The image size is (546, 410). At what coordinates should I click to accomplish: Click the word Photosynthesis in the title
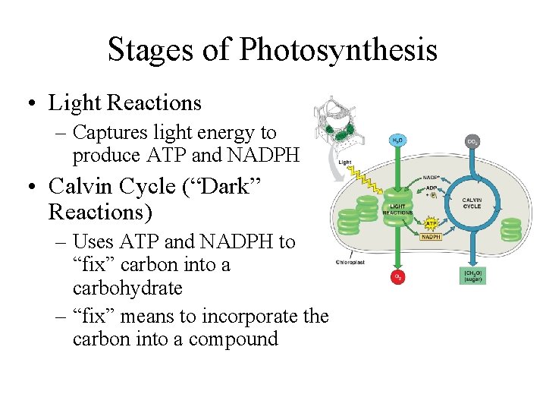pyautogui.click(x=338, y=50)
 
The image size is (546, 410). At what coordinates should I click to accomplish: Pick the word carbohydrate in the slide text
pyautogui.click(x=127, y=289)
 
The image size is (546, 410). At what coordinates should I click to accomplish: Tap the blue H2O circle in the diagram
pyautogui.click(x=397, y=141)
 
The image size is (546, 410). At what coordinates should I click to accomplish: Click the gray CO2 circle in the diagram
pyautogui.click(x=472, y=141)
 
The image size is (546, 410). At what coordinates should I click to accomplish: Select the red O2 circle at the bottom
pyautogui.click(x=397, y=277)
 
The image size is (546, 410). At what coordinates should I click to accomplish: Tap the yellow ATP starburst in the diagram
pyautogui.click(x=431, y=222)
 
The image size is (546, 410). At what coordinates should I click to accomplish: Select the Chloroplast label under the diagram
pyautogui.click(x=350, y=262)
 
